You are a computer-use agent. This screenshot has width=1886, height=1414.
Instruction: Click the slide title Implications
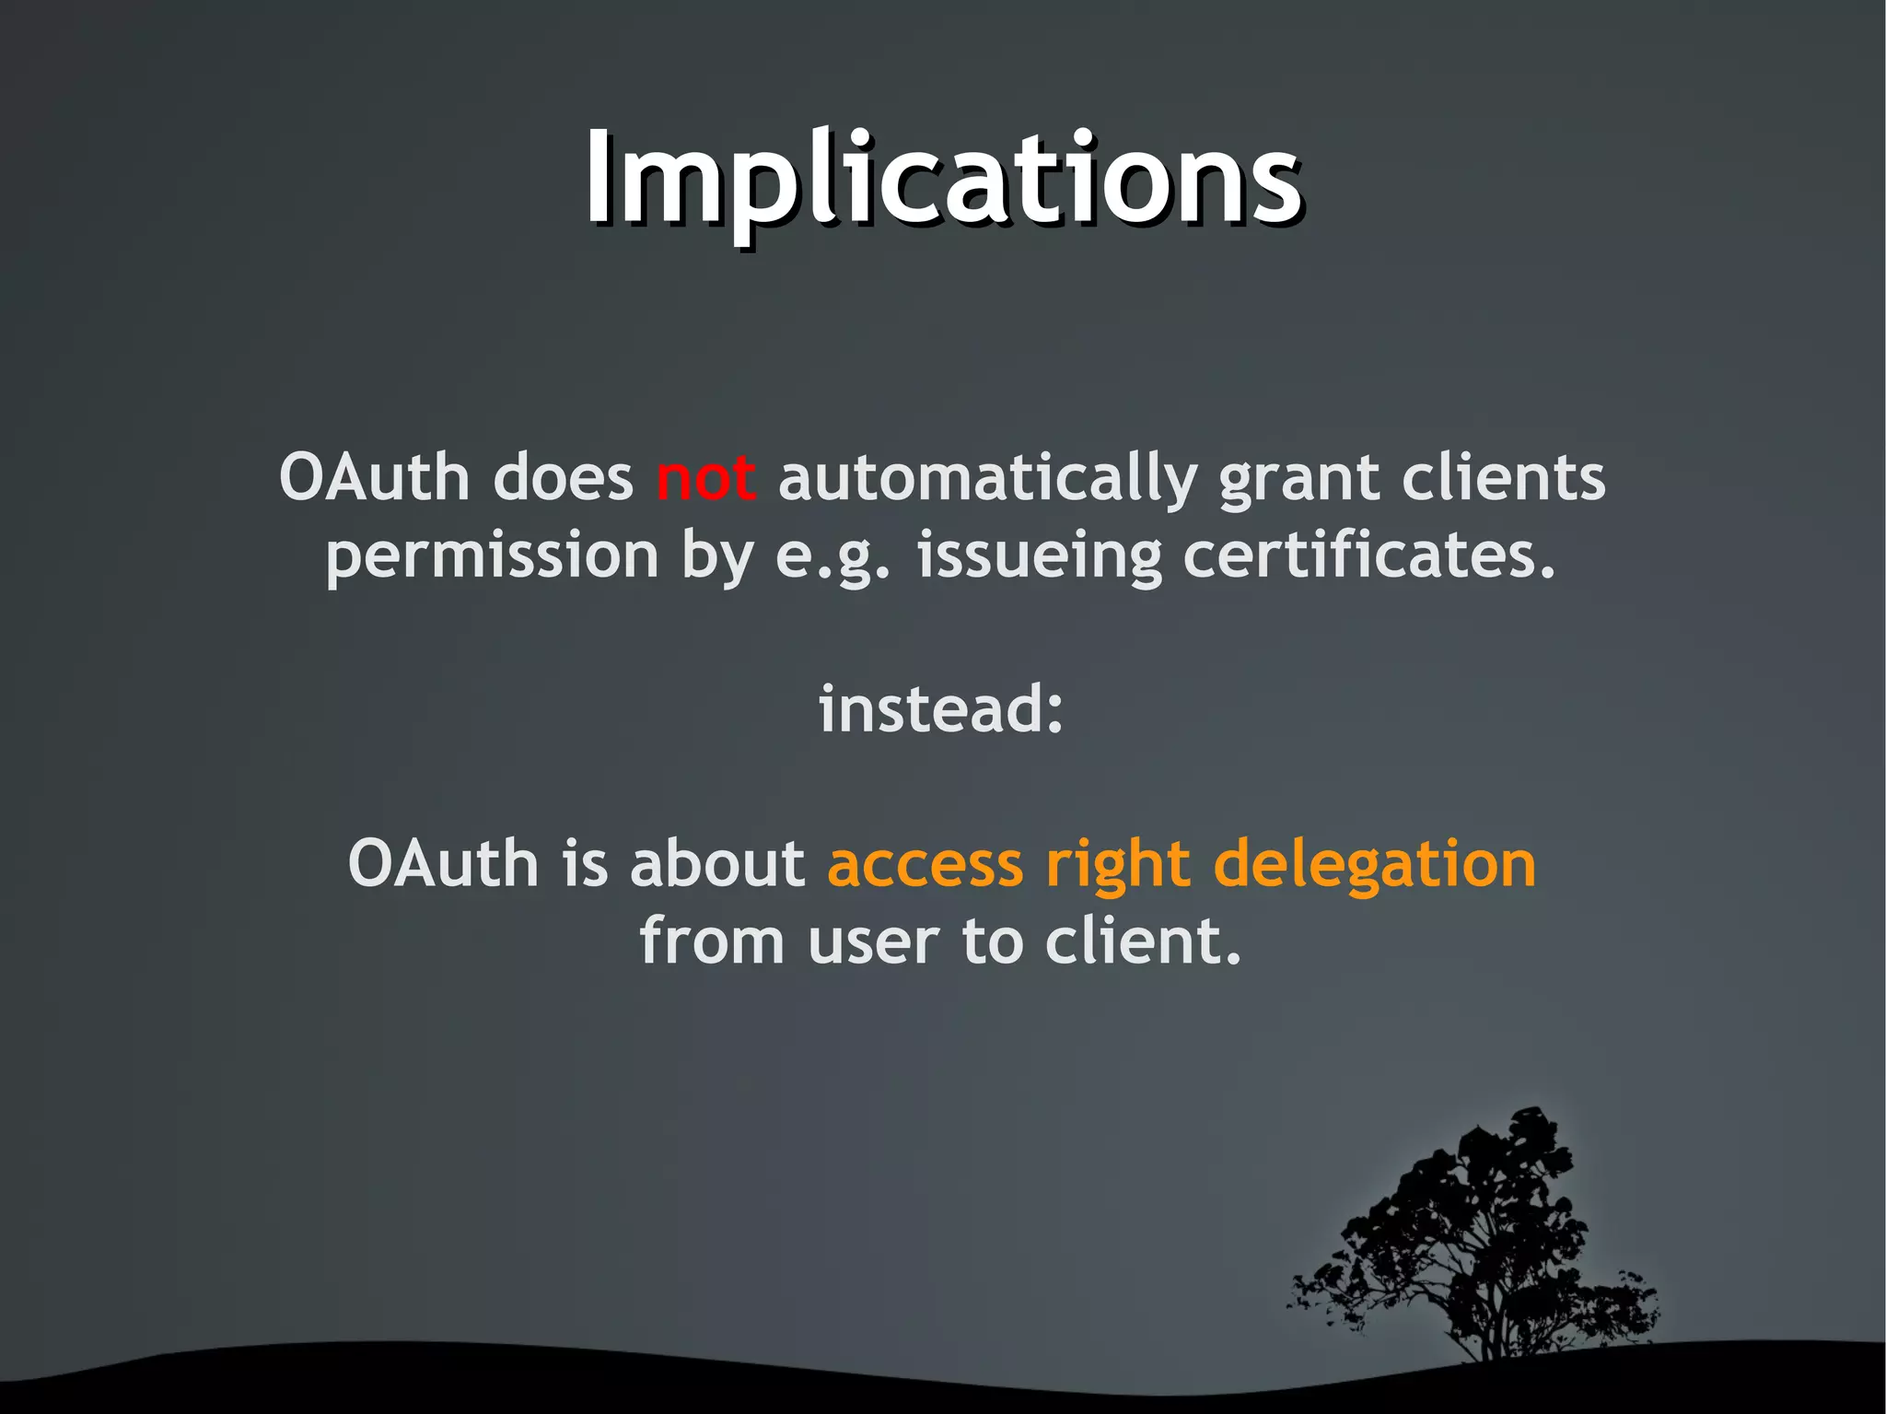943,180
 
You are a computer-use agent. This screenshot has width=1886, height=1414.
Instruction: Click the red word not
706,479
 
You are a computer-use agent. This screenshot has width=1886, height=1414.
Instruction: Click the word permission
493,557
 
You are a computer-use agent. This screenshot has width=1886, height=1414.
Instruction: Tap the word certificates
1368,555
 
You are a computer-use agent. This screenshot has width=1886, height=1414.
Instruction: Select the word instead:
942,709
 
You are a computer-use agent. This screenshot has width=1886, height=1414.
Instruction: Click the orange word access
926,866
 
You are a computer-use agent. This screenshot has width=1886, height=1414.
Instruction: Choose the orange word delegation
1375,866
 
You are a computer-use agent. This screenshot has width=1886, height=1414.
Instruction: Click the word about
717,864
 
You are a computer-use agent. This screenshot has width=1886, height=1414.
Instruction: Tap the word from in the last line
712,941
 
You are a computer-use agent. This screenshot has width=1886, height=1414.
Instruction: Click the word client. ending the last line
1143,941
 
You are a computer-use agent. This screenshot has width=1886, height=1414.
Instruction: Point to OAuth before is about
443,864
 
